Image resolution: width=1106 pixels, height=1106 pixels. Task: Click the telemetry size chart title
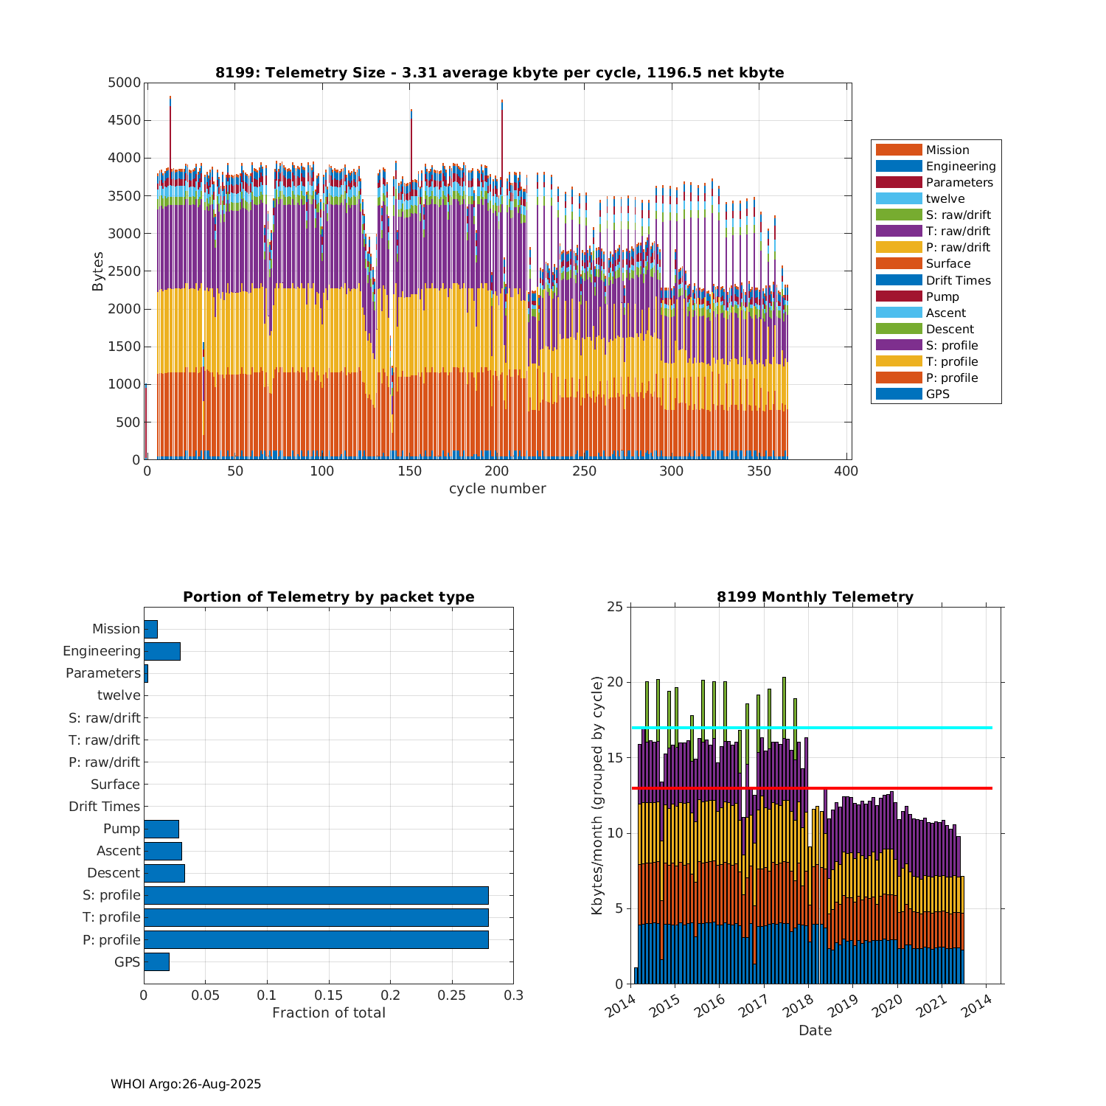click(x=499, y=72)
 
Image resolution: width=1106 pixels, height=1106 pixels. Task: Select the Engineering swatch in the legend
click(x=899, y=167)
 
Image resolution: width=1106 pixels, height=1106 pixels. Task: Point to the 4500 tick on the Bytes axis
click(x=125, y=120)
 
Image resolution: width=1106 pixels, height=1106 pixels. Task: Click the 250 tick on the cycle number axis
click(x=584, y=472)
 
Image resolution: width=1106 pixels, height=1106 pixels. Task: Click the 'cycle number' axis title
click(x=497, y=489)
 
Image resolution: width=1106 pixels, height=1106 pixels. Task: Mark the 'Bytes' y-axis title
click(x=98, y=271)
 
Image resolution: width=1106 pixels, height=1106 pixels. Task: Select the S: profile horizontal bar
click(x=316, y=895)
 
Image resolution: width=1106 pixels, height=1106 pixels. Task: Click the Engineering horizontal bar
click(x=162, y=651)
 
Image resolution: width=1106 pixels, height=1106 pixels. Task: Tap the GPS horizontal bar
click(x=156, y=961)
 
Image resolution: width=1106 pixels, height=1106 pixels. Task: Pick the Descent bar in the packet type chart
click(x=164, y=873)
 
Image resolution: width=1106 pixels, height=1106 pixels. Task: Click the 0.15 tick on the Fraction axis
click(x=329, y=995)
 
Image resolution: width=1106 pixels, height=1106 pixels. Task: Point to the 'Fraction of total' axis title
click(x=328, y=1013)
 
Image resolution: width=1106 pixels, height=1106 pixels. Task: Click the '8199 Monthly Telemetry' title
click(x=815, y=597)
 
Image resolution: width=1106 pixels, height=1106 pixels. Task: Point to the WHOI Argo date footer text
click(x=186, y=1084)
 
